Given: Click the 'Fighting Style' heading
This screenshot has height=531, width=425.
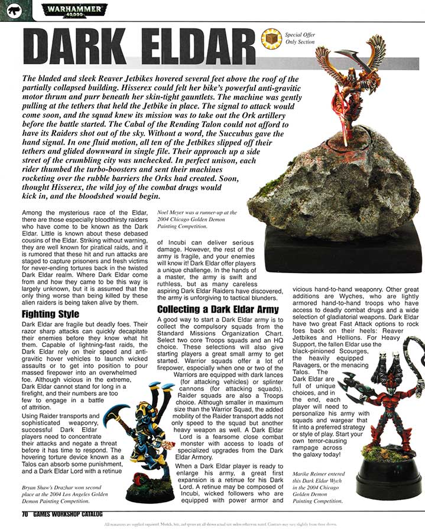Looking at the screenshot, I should click(50, 314).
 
